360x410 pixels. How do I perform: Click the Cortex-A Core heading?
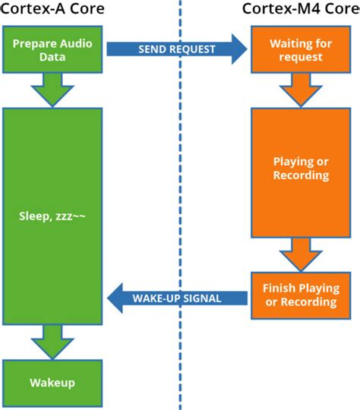point(51,9)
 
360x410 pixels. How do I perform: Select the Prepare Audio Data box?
point(51,50)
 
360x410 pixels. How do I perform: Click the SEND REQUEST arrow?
point(176,49)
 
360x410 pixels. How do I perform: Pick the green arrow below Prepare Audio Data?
point(51,90)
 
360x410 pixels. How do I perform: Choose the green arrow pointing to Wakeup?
point(51,341)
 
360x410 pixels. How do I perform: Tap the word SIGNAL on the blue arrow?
point(201,298)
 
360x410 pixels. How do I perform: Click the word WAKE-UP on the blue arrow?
point(159,298)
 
